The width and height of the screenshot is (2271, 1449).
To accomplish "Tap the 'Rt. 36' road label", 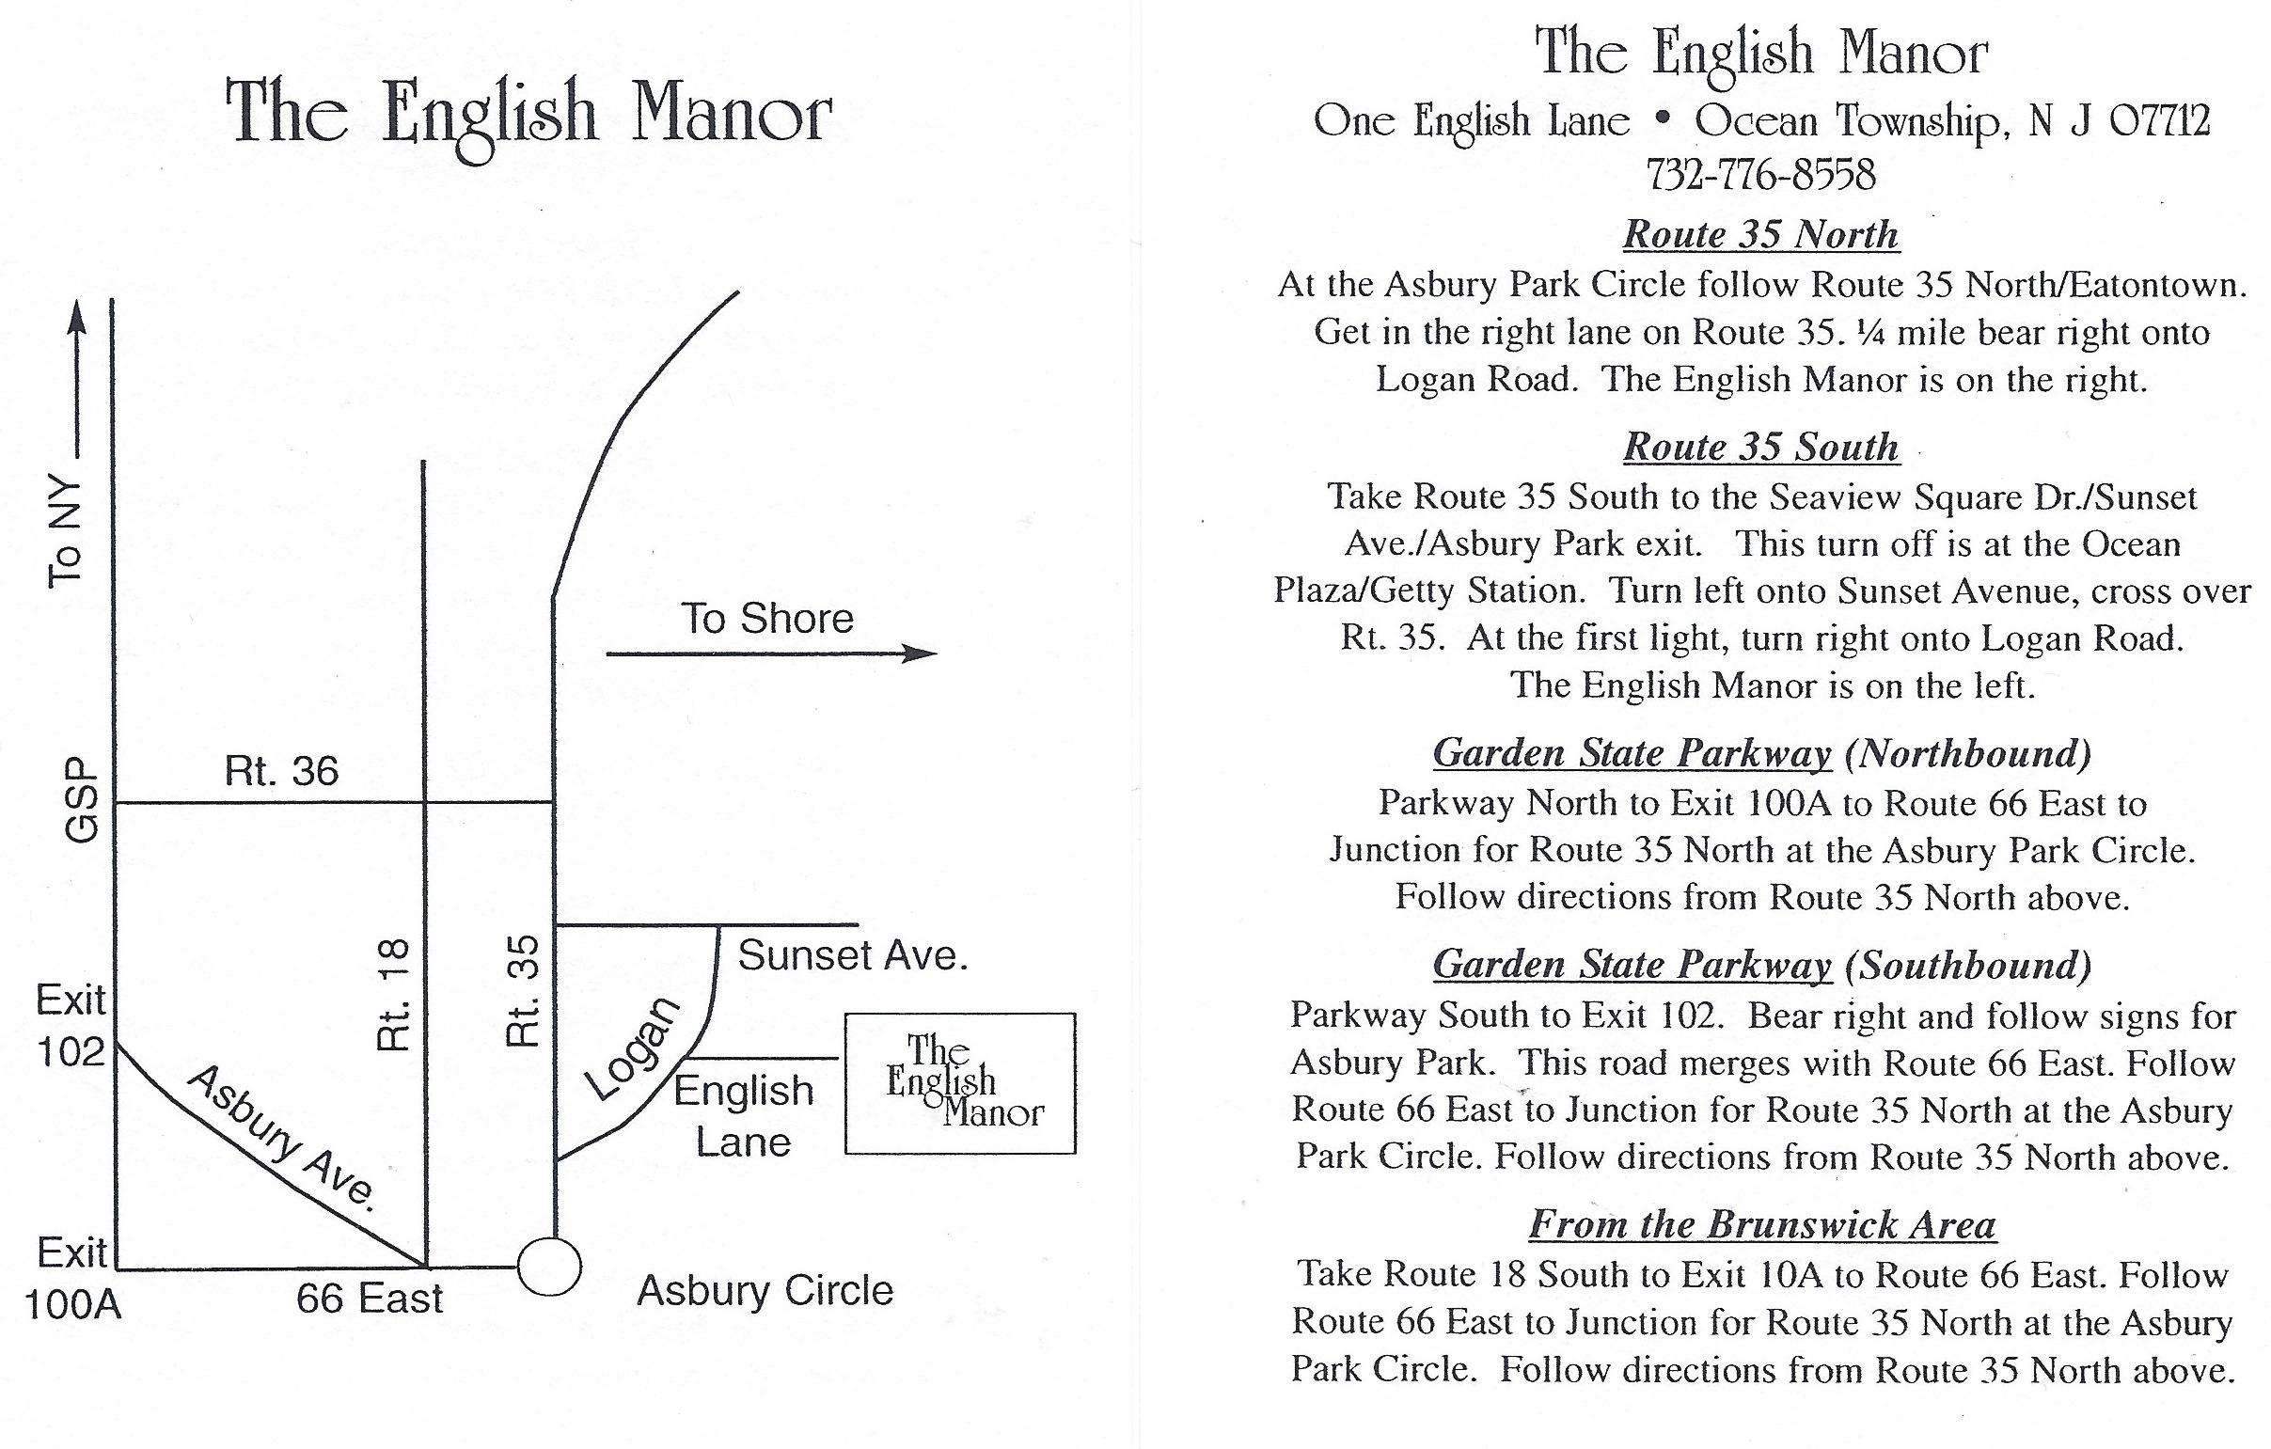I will pos(281,771).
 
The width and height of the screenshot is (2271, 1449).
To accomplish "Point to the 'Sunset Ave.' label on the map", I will pos(853,956).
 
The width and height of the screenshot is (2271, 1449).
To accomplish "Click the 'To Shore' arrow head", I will pos(920,653).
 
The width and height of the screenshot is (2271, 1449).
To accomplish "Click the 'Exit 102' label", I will pos(71,1025).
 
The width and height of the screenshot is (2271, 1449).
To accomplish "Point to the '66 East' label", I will pos(369,1299).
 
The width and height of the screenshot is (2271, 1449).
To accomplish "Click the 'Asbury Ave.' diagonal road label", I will pos(283,1138).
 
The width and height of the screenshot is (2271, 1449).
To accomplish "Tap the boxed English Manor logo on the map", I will pos(959,1083).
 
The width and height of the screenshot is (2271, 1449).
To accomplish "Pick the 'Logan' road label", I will pos(633,1048).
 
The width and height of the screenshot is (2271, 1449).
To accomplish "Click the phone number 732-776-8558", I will pos(1759,175).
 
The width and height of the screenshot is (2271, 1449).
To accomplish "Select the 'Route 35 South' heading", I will pos(1759,447).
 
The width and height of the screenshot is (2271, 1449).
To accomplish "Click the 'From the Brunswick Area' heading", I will pos(1760,1223).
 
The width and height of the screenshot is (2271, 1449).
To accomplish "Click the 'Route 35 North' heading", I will pos(1759,235).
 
